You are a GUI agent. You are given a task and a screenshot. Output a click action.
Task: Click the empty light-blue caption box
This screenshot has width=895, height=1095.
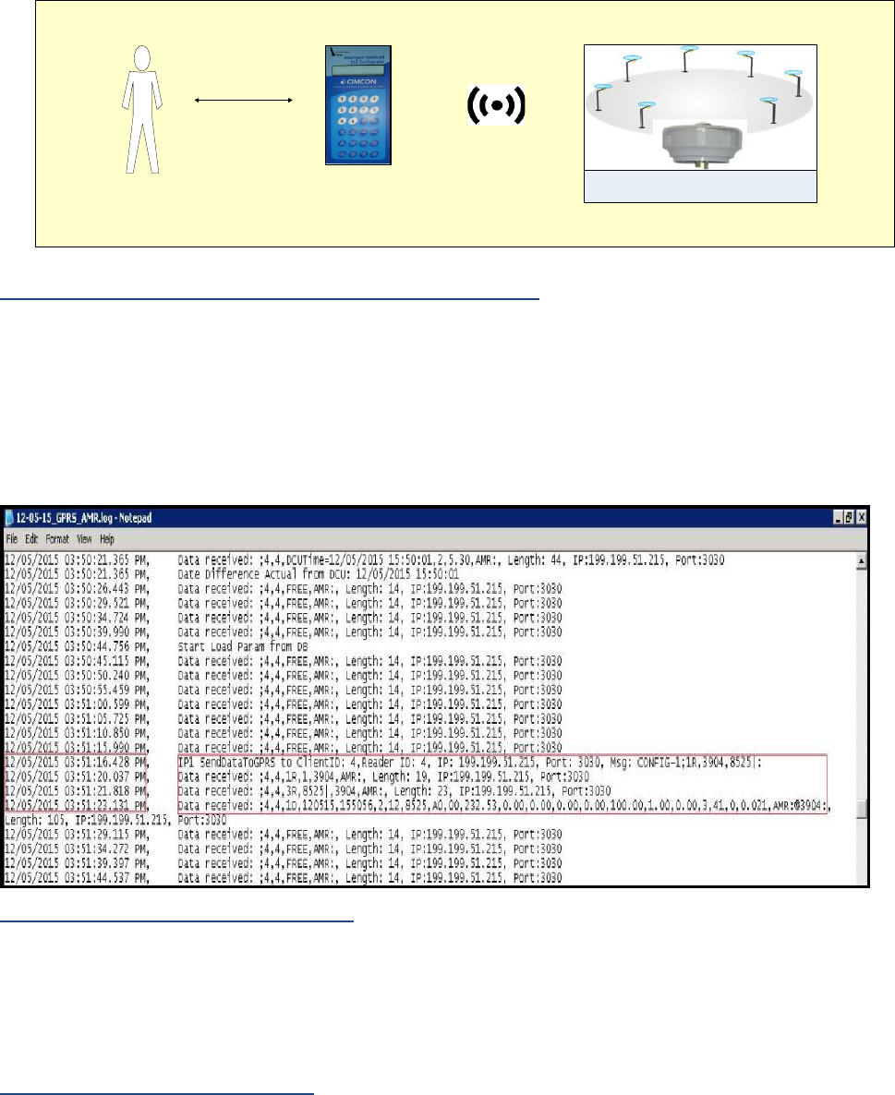(701, 187)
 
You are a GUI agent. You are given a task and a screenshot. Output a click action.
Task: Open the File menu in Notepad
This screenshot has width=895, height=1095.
(13, 537)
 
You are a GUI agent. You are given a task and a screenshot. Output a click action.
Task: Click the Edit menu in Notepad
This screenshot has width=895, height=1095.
(33, 537)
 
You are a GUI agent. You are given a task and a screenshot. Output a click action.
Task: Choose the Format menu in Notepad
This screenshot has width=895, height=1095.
(59, 537)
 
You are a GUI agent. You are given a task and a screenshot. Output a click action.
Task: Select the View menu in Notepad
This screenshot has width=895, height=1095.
(84, 537)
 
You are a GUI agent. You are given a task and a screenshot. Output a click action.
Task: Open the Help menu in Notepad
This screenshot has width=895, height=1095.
(106, 537)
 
